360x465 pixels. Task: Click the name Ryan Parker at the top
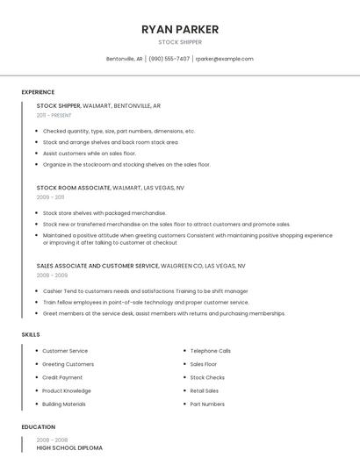180,30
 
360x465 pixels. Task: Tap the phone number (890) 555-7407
169,59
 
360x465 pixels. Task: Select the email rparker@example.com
224,59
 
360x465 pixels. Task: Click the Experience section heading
38,92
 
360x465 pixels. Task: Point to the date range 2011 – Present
54,115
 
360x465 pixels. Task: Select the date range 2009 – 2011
50,197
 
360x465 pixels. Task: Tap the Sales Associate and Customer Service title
97,265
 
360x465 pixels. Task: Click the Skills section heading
31,334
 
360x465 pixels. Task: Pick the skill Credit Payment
62,377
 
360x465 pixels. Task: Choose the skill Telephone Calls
211,351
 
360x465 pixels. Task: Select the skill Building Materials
64,404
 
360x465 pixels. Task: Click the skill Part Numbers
207,404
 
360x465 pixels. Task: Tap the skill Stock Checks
207,377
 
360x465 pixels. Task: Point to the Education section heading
38,427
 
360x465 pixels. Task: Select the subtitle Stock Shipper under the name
180,42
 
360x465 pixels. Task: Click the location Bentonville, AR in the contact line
124,59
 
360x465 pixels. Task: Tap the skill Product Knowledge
67,391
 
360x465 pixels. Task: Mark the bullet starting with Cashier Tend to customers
145,290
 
